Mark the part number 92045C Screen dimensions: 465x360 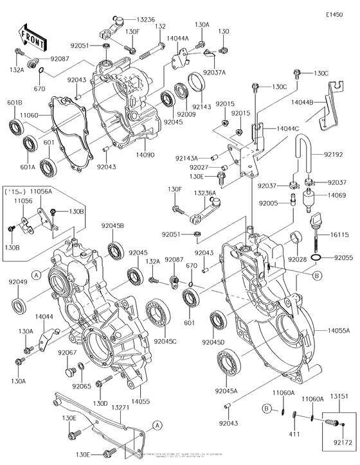point(166,341)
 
